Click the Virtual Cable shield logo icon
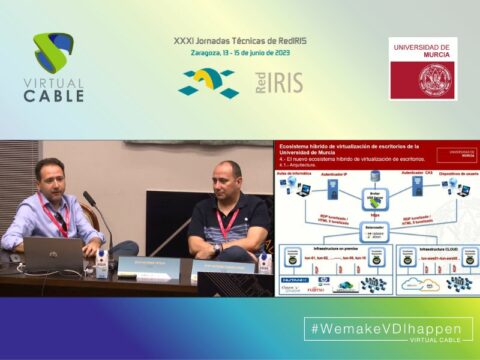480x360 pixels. [x=53, y=54]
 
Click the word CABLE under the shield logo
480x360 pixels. [x=53, y=96]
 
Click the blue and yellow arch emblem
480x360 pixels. [x=208, y=82]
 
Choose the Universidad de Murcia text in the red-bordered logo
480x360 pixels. [x=423, y=51]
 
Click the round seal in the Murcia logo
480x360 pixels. [x=435, y=78]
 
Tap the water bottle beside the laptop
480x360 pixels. [x=101, y=262]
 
